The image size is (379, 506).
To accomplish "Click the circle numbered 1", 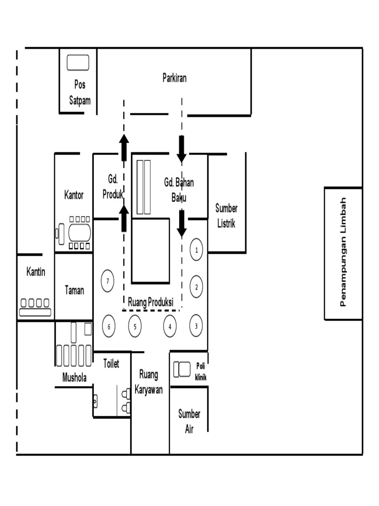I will (196, 250).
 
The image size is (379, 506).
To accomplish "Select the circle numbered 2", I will (196, 287).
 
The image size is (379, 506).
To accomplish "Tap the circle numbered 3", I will (196, 326).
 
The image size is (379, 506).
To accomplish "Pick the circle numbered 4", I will (170, 326).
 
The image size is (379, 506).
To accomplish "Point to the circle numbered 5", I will (135, 326).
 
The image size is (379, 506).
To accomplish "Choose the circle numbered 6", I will (109, 326).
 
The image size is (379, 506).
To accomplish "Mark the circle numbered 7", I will (108, 281).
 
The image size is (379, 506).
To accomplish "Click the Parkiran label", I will (175, 78).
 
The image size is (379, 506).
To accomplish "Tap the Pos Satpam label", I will (79, 92).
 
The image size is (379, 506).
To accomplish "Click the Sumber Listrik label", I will (226, 216).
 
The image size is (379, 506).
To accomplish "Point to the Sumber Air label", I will (189, 422).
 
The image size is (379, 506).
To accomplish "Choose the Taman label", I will (74, 290).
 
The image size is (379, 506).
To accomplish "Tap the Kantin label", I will (36, 272).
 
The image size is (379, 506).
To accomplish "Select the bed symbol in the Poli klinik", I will (182, 369).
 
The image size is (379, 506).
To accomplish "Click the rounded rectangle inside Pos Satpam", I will (78, 63).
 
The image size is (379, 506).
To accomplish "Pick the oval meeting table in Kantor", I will (79, 232).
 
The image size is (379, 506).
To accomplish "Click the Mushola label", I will (75, 378).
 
